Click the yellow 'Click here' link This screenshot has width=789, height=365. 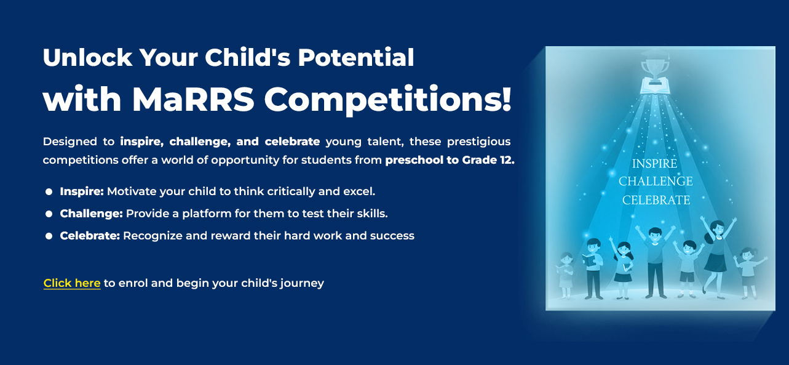(x=72, y=283)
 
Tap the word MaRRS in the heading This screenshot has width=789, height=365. (x=193, y=100)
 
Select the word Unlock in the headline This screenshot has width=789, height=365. (x=87, y=57)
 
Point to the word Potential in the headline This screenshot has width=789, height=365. (x=355, y=57)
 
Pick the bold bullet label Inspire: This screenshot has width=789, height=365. (x=82, y=191)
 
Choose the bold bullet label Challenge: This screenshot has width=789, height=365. (x=91, y=214)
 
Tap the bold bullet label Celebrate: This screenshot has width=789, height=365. (x=90, y=236)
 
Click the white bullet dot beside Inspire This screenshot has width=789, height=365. (x=49, y=192)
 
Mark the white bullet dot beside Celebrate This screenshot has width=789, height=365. (x=49, y=236)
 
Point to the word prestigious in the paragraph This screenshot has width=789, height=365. (x=478, y=142)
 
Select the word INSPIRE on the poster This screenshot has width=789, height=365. (x=654, y=164)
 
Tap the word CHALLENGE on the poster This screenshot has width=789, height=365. (x=656, y=181)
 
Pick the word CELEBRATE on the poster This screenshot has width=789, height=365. (x=656, y=200)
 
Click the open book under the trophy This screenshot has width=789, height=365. (x=655, y=86)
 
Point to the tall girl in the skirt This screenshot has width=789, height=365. (x=716, y=258)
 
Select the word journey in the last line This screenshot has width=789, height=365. (x=302, y=284)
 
